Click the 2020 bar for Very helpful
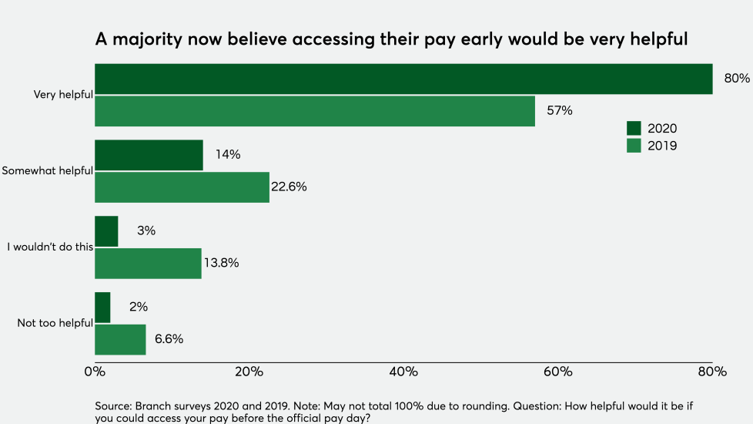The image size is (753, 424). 403,79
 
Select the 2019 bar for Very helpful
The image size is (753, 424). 315,111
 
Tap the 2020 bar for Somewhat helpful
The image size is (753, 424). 149,155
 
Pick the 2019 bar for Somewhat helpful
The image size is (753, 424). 182,187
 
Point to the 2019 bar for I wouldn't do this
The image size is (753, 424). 148,263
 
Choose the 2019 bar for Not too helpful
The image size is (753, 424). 120,339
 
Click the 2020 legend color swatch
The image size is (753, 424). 634,129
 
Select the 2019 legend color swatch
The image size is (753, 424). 634,145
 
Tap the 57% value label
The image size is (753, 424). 560,111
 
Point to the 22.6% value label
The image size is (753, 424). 289,187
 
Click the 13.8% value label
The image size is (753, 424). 221,263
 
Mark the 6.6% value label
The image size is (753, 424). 169,339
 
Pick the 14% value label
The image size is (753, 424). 228,155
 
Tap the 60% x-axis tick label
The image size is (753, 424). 557,372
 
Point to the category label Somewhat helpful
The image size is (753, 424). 47,171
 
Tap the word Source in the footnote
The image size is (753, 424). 112,405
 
